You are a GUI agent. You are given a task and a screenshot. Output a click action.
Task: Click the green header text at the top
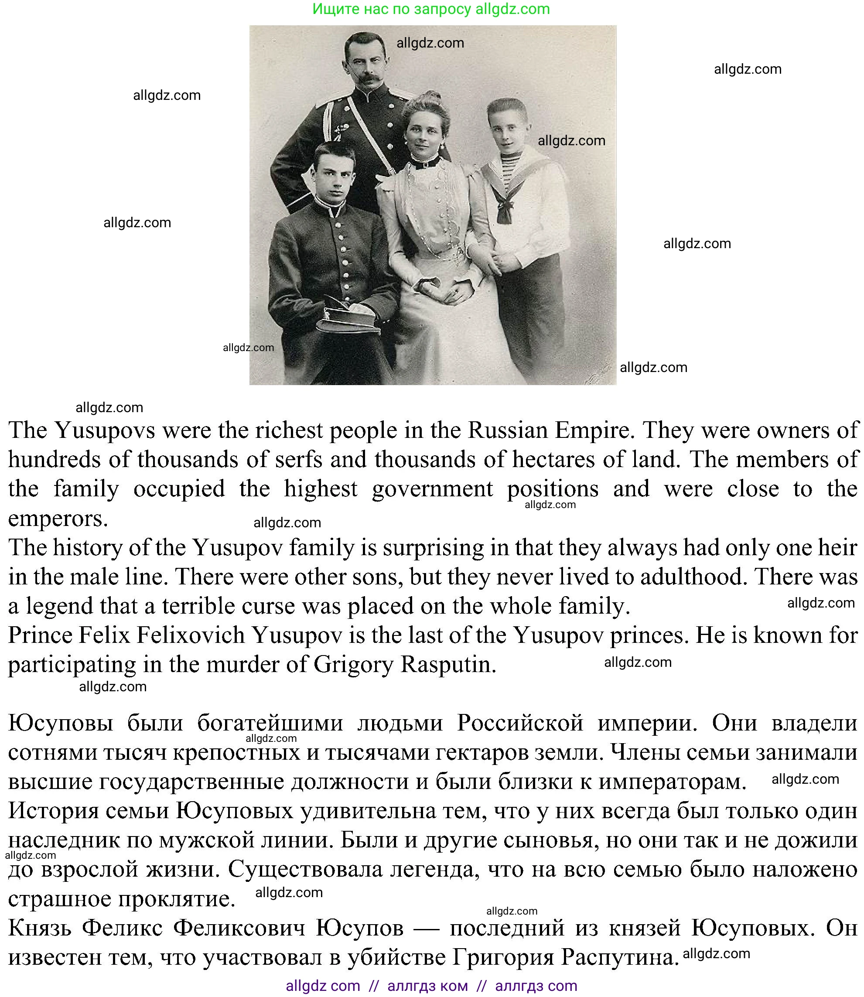point(431,9)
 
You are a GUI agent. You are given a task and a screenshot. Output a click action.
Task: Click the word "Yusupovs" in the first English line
point(105,430)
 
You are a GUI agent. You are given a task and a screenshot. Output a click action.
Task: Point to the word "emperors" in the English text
point(58,519)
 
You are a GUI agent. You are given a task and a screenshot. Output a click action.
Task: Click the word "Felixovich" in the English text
point(191,635)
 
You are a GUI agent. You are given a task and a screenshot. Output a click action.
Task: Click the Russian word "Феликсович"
point(239,928)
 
